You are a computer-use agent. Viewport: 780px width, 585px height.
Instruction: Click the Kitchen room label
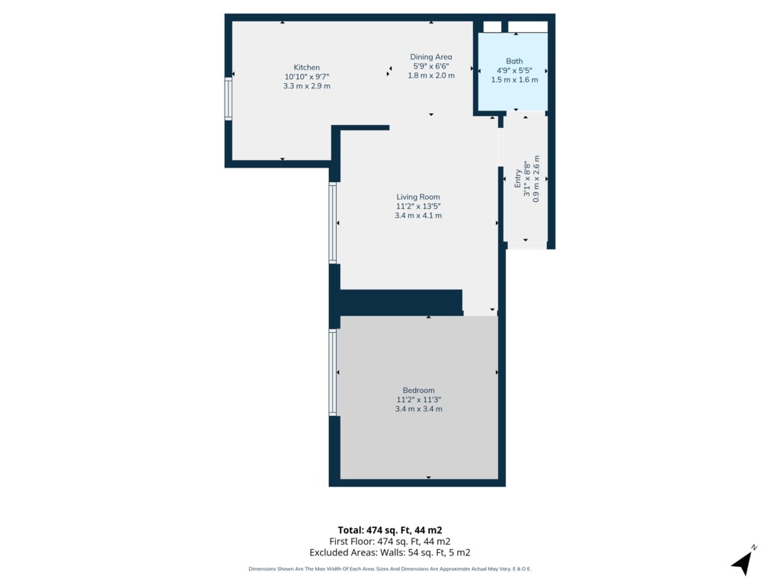(x=306, y=67)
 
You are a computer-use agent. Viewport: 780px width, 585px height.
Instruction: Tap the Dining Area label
(x=431, y=56)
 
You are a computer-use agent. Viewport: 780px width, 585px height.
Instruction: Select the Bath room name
(x=514, y=61)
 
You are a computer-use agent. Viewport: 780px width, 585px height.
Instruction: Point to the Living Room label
(x=418, y=197)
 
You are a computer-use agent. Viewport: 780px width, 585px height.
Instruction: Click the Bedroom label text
(x=418, y=390)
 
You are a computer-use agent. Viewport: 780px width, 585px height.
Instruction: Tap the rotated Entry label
(x=518, y=178)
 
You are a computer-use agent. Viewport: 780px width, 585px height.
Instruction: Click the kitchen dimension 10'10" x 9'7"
(x=306, y=77)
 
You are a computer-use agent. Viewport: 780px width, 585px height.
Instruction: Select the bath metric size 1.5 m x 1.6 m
(x=514, y=79)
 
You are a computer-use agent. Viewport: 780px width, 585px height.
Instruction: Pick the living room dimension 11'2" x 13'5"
(x=418, y=206)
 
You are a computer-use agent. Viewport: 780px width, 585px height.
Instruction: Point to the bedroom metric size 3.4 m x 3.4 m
(x=418, y=409)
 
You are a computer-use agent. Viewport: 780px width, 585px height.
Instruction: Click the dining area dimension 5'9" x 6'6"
(x=431, y=66)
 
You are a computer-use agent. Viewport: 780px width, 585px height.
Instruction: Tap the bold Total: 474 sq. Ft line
(x=389, y=530)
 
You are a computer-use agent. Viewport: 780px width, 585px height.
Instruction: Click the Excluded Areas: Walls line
(x=389, y=552)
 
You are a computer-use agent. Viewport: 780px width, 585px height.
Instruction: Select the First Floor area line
(x=389, y=542)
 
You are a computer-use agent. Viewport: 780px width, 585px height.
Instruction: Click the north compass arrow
(x=743, y=562)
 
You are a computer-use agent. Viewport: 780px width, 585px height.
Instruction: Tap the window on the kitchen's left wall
(x=229, y=98)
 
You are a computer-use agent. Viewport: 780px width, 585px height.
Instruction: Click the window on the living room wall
(x=333, y=223)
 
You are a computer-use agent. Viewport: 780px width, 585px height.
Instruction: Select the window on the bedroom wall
(x=333, y=372)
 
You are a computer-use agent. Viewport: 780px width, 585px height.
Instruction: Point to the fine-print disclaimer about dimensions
(x=389, y=568)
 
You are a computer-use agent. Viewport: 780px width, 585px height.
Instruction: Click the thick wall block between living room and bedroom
(x=401, y=302)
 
